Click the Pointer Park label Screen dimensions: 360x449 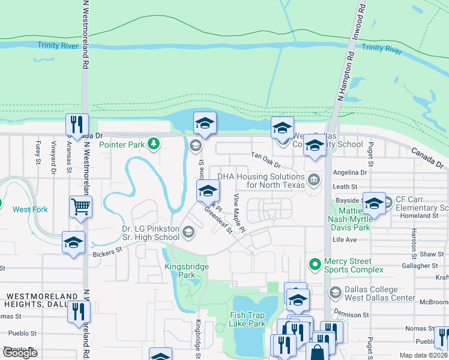point(122,145)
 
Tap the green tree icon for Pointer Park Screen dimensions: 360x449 point(154,143)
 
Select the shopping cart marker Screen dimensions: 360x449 point(80,206)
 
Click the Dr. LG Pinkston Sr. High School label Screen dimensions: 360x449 point(150,233)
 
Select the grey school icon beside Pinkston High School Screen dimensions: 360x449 point(188,232)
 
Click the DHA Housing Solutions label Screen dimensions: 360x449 point(261,181)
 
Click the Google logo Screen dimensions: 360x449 point(20,353)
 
